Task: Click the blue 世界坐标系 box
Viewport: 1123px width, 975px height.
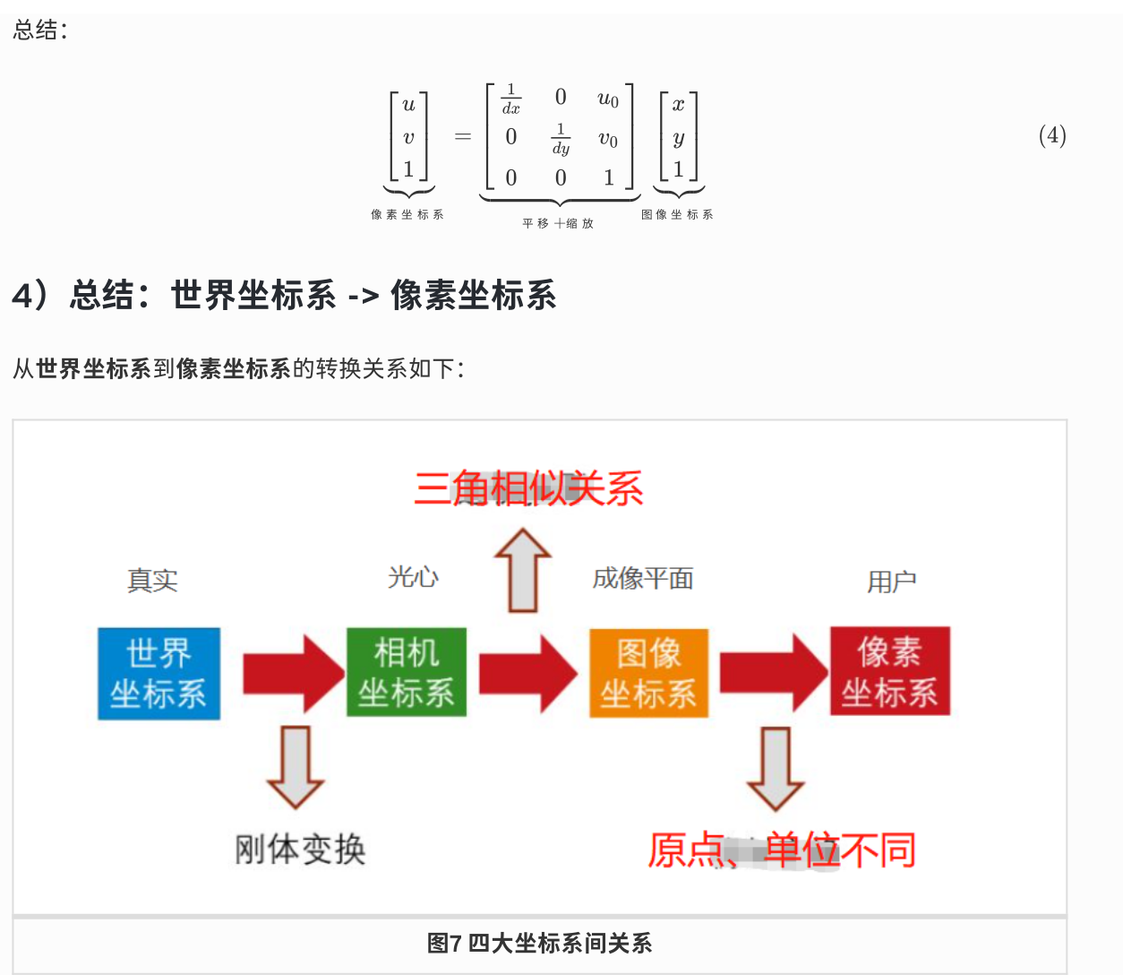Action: pos(159,673)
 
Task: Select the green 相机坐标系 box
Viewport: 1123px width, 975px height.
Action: pos(407,672)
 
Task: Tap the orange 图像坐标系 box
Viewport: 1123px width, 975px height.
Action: pos(648,673)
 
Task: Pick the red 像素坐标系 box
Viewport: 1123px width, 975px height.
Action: pos(889,671)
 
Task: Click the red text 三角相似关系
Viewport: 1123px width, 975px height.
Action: pos(528,489)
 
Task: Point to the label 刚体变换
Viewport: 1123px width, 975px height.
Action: pos(300,849)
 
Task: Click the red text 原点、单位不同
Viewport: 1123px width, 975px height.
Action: pos(782,850)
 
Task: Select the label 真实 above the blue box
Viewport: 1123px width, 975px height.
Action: pos(152,581)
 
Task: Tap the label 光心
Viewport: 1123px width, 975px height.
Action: pos(413,577)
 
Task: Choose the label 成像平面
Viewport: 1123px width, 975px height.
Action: pos(643,579)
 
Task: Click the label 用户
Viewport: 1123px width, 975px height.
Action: pos(891,582)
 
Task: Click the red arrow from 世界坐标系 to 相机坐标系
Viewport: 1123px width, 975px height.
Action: pos(292,674)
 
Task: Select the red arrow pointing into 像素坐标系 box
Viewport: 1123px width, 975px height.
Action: pos(773,672)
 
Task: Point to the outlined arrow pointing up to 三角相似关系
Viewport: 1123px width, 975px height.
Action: pos(523,570)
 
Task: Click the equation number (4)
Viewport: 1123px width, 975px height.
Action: pos(1052,135)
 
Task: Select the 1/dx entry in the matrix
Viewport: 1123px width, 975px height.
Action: pos(510,99)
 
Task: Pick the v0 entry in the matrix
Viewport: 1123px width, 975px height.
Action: pos(608,139)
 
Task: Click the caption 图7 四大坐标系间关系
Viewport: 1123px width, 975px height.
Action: pos(539,943)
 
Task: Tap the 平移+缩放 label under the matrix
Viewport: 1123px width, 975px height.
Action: pos(558,223)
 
